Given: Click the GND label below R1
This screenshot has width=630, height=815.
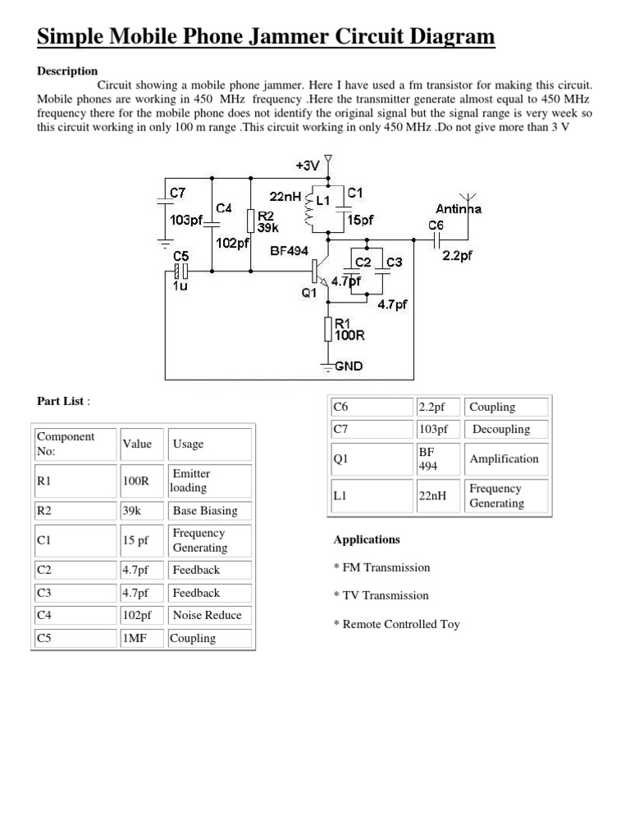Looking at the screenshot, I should tap(348, 367).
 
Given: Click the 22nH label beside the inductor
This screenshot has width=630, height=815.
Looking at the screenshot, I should tap(285, 196).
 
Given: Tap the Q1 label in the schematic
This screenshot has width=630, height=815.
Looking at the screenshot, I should tap(309, 292).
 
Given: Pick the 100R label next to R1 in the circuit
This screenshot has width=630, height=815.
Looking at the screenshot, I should tap(349, 335).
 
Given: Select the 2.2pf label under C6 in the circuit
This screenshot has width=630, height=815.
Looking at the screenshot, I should tap(458, 255).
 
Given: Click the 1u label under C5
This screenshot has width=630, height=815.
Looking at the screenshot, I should tap(180, 286).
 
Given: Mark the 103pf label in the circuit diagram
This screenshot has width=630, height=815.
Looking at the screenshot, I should tap(185, 219).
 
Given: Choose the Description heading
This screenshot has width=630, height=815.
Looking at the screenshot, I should tap(67, 71).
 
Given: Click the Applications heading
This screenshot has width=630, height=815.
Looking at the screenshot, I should tap(367, 540).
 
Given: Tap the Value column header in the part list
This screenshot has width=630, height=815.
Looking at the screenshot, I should tap(137, 444).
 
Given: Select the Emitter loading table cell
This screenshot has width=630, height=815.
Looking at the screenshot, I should tap(190, 480).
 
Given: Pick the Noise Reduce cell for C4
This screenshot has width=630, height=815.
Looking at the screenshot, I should tap(207, 615).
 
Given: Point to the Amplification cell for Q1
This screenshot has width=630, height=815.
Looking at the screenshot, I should tap(504, 459).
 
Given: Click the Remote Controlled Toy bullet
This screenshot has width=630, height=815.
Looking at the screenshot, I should tap(397, 624).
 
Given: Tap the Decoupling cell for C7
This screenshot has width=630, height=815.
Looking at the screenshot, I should tap(501, 429).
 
